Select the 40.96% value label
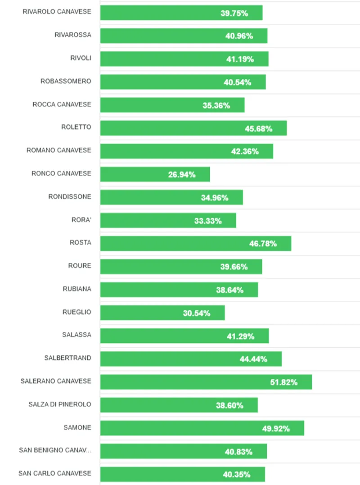pos(239,36)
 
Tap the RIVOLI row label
pos(81,58)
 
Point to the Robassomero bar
pos(183,82)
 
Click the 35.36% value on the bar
pos(216,105)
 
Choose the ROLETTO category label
pos(76,127)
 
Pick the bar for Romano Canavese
pos(186,151)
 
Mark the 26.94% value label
pos(182,175)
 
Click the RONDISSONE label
pos(70,196)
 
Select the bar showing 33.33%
pos(168,221)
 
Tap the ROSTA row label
pos(81,243)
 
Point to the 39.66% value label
pos(234,267)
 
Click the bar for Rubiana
pos(179,290)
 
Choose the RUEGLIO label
pos(77,312)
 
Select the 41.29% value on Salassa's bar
pos(240,336)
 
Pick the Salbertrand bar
pos(191,359)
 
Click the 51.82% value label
pos(283,382)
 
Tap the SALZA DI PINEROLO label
pos(60,404)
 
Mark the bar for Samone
pos(202,428)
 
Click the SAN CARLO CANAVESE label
pos(55,473)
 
